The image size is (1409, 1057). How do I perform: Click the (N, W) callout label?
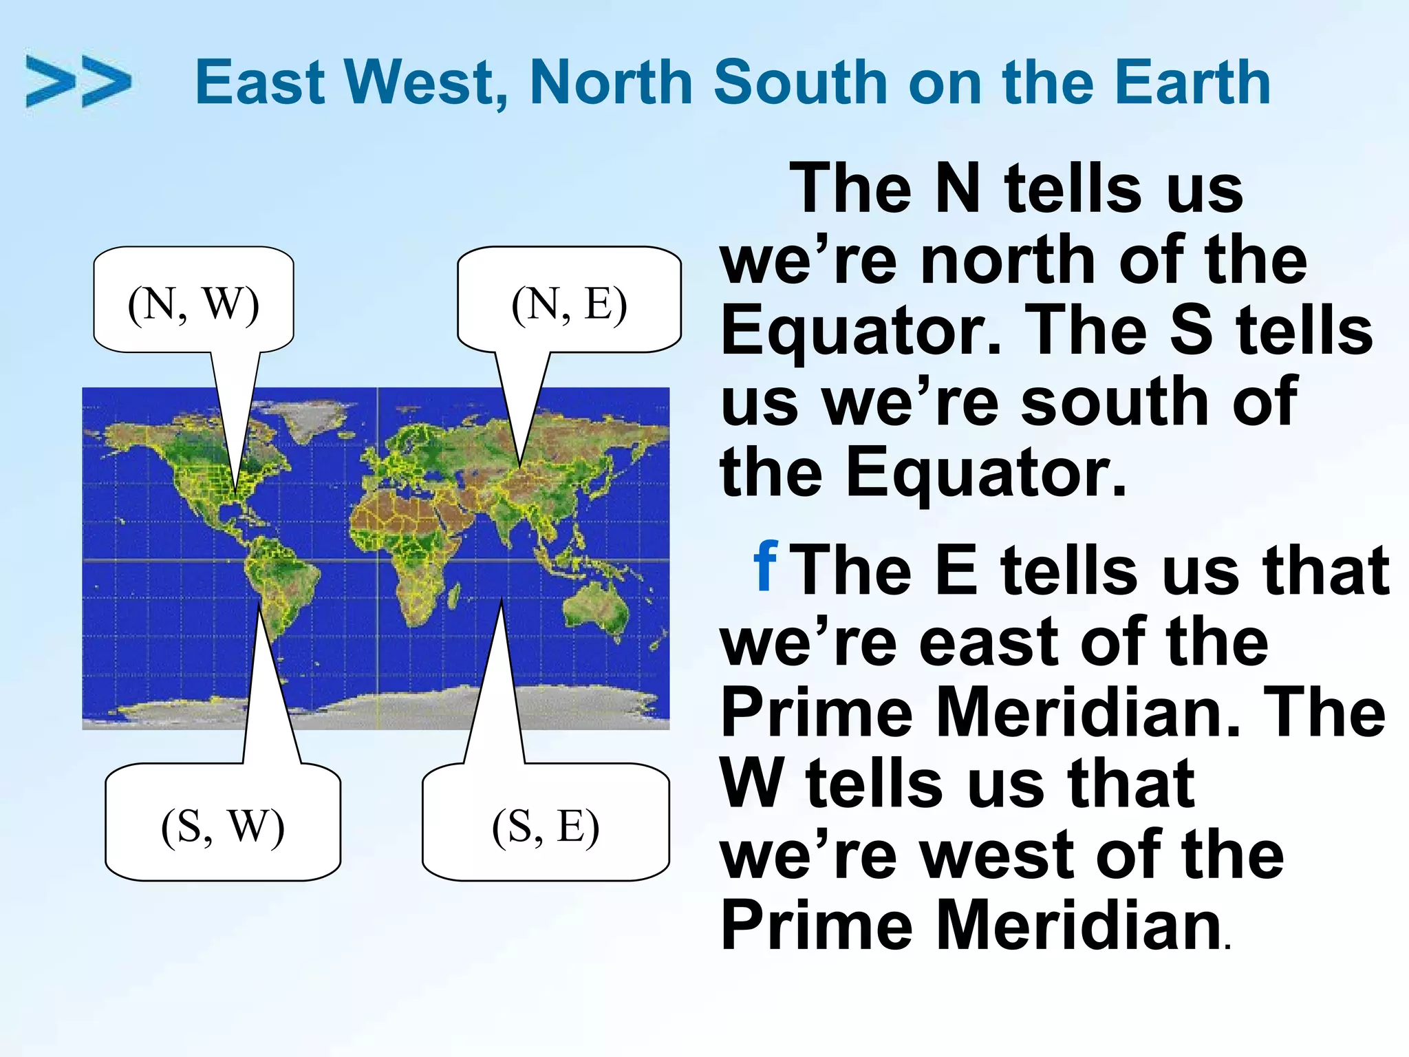click(x=193, y=303)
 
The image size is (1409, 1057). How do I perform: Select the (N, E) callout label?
click(x=569, y=303)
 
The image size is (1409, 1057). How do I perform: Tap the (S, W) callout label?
click(x=222, y=825)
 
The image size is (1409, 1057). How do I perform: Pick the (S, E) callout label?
click(x=546, y=825)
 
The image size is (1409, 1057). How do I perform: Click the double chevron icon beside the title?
click(x=78, y=81)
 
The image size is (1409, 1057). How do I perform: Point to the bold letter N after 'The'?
click(x=958, y=189)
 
